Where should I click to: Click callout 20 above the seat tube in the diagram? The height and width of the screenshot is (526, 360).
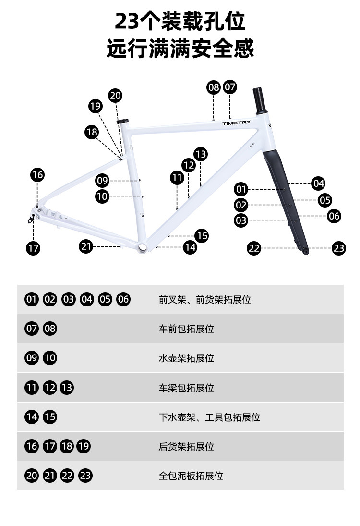click(x=115, y=96)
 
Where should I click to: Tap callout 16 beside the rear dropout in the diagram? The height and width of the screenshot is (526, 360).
click(x=37, y=175)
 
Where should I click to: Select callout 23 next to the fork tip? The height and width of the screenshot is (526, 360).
click(x=339, y=248)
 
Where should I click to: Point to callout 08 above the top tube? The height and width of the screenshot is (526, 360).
click(x=214, y=87)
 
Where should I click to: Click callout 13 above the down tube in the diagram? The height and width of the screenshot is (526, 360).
click(x=201, y=154)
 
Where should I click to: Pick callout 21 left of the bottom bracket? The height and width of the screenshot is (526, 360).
click(x=86, y=246)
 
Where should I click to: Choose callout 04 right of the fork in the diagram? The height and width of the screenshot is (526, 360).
click(x=318, y=183)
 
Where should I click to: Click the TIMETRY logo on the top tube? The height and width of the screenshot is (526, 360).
click(x=237, y=123)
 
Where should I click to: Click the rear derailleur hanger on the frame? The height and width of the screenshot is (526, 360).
click(x=31, y=219)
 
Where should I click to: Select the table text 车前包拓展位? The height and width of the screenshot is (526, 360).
click(x=186, y=329)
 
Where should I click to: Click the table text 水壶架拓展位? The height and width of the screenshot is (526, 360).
click(x=186, y=358)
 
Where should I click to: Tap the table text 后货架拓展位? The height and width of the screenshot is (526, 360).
click(x=186, y=447)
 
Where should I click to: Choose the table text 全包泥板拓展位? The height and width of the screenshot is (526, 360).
click(x=191, y=476)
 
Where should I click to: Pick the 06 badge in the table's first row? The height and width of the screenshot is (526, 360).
click(x=123, y=300)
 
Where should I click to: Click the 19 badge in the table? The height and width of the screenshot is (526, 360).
click(x=84, y=447)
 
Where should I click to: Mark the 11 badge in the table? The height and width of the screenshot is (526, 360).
click(x=32, y=388)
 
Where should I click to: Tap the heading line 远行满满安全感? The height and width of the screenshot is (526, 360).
click(x=180, y=49)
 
